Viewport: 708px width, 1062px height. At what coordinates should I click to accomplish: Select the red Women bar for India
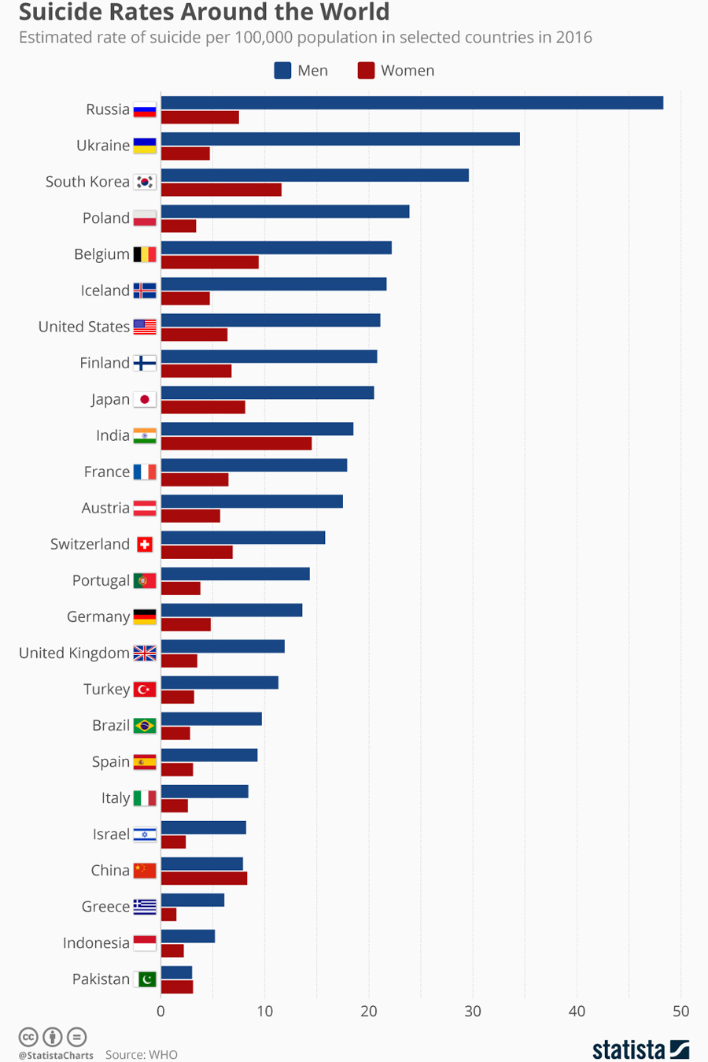[x=236, y=444]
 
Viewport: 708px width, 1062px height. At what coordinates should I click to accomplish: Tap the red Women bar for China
[x=204, y=879]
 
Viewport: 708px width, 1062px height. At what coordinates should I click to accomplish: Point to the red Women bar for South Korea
[x=221, y=190]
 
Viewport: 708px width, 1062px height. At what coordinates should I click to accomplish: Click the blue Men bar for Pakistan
[x=176, y=972]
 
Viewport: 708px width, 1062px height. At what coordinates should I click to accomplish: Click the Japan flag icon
[x=145, y=400]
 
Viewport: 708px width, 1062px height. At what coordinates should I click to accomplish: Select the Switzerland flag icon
[x=145, y=545]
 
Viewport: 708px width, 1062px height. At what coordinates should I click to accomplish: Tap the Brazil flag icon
[x=145, y=726]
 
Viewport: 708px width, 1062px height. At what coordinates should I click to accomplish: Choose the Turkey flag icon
[x=145, y=690]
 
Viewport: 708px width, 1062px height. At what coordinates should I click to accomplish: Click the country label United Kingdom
[x=74, y=653]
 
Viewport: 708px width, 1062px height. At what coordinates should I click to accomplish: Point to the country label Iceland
[x=105, y=290]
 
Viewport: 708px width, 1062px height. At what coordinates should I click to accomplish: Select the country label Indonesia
[x=96, y=943]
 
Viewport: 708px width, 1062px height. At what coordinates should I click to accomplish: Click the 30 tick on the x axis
[x=473, y=1012]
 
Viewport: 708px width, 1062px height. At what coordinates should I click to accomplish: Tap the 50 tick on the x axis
[x=680, y=1012]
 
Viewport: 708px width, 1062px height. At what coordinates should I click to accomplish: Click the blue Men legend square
[x=282, y=71]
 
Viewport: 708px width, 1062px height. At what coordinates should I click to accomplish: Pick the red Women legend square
[x=366, y=71]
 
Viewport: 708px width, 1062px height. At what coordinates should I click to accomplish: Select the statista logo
[x=640, y=1049]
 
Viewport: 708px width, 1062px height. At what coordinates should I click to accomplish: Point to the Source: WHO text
[x=142, y=1055]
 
